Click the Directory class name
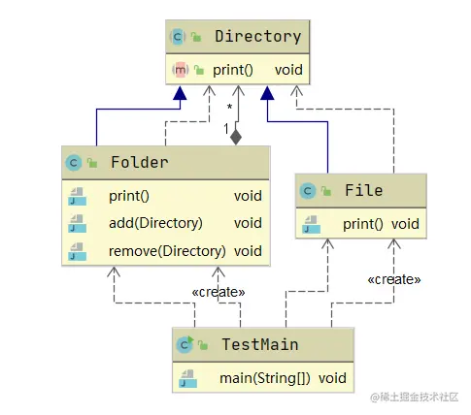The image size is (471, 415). [x=257, y=37]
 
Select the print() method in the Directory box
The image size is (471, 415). [x=233, y=70]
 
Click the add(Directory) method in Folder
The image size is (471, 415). [x=155, y=223]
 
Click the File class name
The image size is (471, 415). [x=363, y=190]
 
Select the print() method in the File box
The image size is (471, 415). [x=363, y=224]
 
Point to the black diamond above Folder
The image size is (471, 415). [x=235, y=137]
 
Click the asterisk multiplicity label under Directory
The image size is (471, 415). [x=229, y=107]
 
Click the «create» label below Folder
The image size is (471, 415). [x=219, y=291]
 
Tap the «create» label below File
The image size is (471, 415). [x=393, y=279]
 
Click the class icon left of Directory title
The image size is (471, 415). [x=178, y=37]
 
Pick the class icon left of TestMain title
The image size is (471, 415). [x=183, y=343]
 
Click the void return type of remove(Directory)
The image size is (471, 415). [x=248, y=251]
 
